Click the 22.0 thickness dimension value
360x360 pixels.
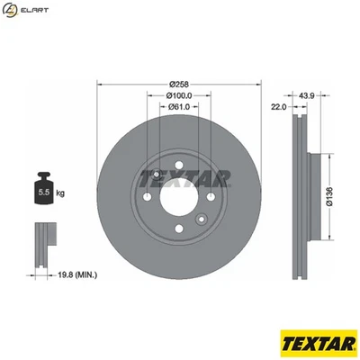pyautogui.click(x=278, y=107)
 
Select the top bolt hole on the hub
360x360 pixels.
pyautogui.click(x=157, y=175)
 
